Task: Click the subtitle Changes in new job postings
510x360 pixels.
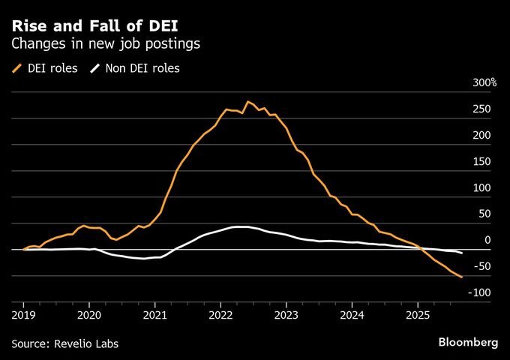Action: pos(105,44)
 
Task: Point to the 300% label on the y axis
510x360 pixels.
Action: pos(484,82)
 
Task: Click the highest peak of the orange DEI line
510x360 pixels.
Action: pos(247,101)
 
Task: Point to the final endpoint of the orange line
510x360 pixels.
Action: pos(462,277)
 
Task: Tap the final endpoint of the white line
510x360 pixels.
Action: pos(462,253)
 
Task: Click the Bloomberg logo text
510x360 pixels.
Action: pos(468,342)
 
